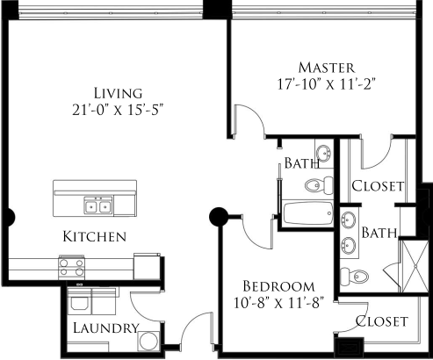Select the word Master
pyautogui.click(x=326, y=68)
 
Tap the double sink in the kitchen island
pyautogui.click(x=97, y=205)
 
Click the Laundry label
pyautogui.click(x=106, y=328)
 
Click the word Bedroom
pyautogui.click(x=278, y=286)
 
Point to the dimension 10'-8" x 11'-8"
pyautogui.click(x=278, y=305)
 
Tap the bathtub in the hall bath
pyautogui.click(x=306, y=214)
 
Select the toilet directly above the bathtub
pyautogui.click(x=319, y=184)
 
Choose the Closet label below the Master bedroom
pyautogui.click(x=378, y=186)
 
